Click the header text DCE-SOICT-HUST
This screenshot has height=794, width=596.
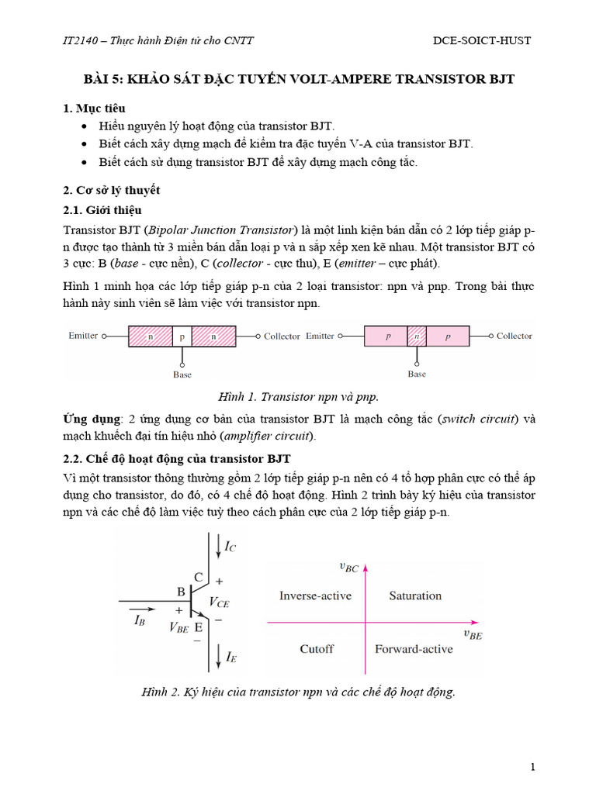pos(481,40)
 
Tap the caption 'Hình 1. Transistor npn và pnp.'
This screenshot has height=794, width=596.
pos(298,396)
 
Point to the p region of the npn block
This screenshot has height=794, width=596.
pos(182,337)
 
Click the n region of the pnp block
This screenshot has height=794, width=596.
pos(416,337)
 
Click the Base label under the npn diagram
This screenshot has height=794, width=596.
pos(182,374)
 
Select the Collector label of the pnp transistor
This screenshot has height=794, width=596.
pos(514,336)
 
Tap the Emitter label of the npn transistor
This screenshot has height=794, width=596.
pos(83,336)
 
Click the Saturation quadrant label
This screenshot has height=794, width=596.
pos(415,595)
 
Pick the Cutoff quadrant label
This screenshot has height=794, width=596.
pos(316,649)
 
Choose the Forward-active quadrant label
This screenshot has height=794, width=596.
pos(414,649)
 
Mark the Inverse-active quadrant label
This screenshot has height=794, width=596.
pos(315,595)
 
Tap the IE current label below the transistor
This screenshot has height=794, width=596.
pos(230,658)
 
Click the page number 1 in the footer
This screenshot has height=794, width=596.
pos(533,767)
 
